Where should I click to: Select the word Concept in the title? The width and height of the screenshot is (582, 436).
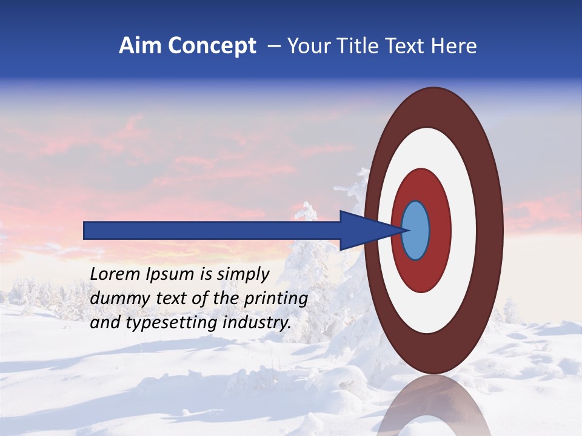coord(212,46)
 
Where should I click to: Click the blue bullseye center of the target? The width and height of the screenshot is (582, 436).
coord(415,230)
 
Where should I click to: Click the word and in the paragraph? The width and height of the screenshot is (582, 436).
coord(104,323)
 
